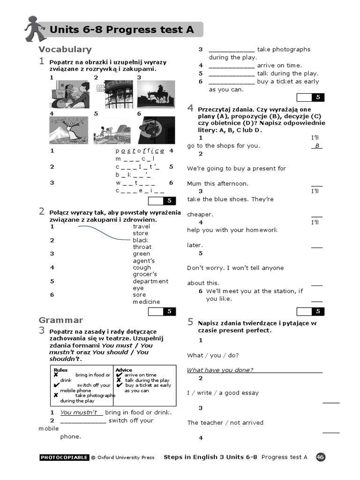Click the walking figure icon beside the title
tap(35, 29)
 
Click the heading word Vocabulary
tap(65, 49)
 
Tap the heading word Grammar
tap(60, 320)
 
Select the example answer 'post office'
tap(140, 150)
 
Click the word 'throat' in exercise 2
tap(142, 247)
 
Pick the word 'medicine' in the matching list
tap(146, 302)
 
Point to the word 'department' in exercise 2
tap(150, 281)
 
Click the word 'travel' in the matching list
tap(142, 226)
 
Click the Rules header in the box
tap(60, 370)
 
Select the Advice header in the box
tap(124, 370)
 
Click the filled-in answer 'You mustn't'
tap(79, 412)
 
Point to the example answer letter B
tap(317, 146)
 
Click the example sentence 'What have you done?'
tap(220, 370)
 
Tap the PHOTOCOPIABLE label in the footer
tap(64, 457)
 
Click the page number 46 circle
tap(321, 457)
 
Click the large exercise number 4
tap(190, 108)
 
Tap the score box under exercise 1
tap(162, 201)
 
